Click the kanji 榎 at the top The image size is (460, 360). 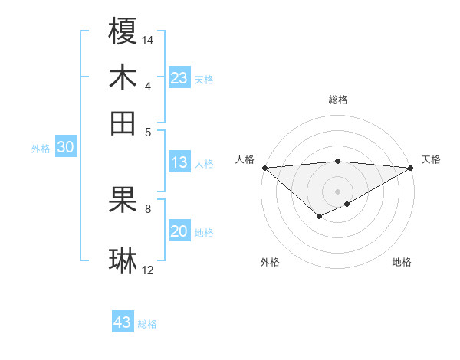(x=123, y=33)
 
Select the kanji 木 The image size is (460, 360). (x=123, y=77)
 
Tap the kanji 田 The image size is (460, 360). (x=123, y=123)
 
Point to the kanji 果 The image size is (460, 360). (x=123, y=200)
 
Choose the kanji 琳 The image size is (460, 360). (x=123, y=260)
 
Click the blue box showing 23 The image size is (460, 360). (x=179, y=78)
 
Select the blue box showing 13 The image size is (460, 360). (x=179, y=162)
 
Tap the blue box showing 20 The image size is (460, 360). (x=179, y=232)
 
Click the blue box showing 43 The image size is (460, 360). (x=123, y=322)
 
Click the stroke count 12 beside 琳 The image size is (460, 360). (x=148, y=270)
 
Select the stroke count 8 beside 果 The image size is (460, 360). (x=148, y=208)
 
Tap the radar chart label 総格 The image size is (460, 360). (x=337, y=100)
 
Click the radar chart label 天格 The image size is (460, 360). (x=431, y=159)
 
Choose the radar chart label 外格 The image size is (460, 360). (x=270, y=262)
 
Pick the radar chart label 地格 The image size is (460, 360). (x=402, y=262)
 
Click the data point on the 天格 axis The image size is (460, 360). (x=410, y=167)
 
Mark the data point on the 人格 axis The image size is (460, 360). (x=264, y=167)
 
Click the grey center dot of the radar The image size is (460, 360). (x=337, y=191)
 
